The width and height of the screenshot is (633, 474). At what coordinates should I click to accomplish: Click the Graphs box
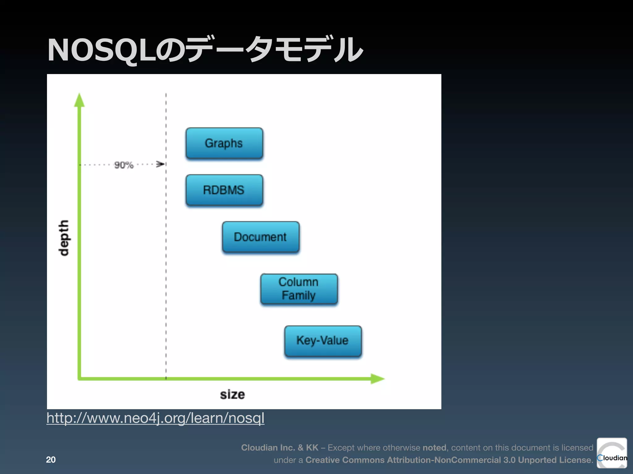pos(224,143)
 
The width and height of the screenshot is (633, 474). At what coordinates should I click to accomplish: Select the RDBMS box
pos(224,190)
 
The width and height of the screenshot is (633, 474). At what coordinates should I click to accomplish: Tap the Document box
pos(261,237)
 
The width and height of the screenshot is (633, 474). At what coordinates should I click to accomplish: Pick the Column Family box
pos(299,289)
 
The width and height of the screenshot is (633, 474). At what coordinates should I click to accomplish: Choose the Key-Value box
pos(323,341)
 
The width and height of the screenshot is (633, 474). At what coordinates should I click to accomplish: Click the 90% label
pos(124,165)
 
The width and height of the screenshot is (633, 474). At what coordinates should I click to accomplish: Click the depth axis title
pos(64,238)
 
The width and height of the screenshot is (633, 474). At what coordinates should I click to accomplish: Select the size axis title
pos(232,394)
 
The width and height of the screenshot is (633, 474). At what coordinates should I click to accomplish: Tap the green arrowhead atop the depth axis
pos(79,100)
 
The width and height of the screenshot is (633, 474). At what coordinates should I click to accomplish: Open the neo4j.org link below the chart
pos(155,418)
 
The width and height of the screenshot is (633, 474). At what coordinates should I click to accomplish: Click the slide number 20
pos(51,459)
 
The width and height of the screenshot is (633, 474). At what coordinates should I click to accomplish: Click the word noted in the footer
pos(434,447)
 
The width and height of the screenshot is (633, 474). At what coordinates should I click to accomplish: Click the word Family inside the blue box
pos(299,295)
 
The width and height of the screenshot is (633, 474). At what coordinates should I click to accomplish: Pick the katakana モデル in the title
pos(318,49)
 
